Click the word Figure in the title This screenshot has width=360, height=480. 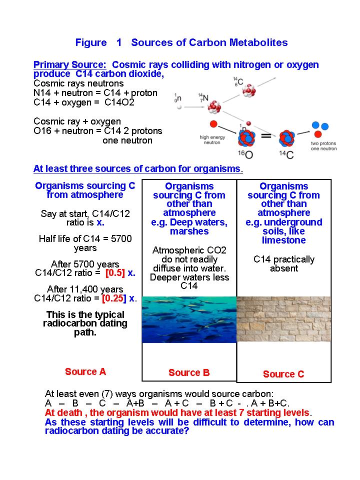tap(91, 42)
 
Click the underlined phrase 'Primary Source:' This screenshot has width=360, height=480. tap(69, 65)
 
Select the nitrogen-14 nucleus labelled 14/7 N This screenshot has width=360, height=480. tap(214, 106)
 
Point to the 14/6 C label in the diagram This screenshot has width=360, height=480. tap(236, 81)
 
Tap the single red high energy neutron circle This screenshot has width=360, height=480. tap(214, 124)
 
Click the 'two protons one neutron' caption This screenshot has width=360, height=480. tap(323, 145)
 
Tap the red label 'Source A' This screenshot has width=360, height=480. tap(85, 371)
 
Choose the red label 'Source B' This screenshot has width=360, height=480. tap(189, 372)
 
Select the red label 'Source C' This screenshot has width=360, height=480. tap(283, 374)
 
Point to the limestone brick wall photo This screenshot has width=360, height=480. tap(283, 318)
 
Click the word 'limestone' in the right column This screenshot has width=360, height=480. tap(283, 240)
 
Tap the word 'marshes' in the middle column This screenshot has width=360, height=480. tap(189, 231)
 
